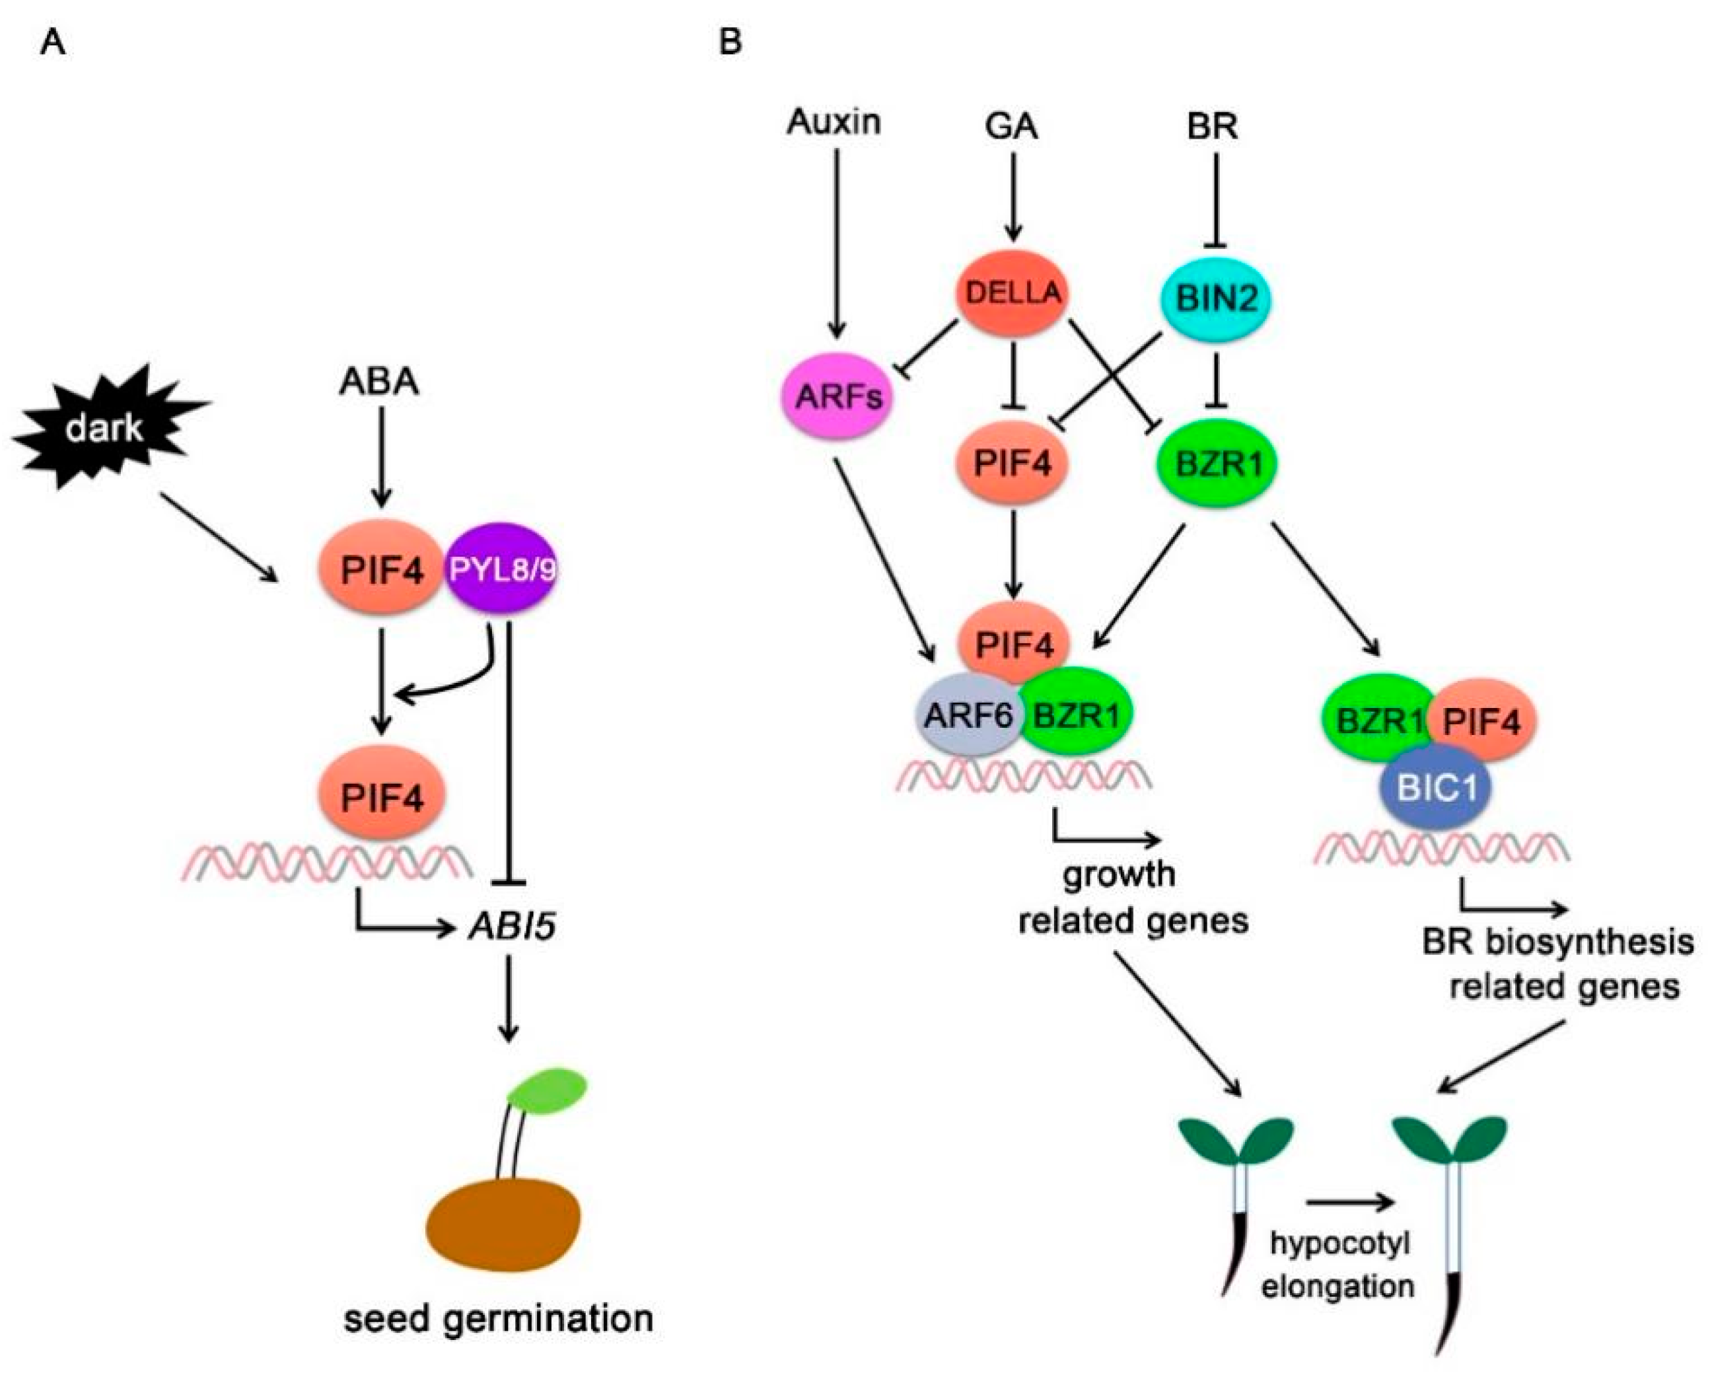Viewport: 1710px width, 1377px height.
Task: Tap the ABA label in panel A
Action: [379, 382]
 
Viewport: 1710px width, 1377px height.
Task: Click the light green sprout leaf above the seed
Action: [548, 1093]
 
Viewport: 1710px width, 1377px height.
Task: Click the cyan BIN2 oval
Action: [1216, 299]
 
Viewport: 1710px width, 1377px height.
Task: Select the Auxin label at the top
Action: [834, 122]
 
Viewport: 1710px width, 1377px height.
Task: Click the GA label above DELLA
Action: [1011, 126]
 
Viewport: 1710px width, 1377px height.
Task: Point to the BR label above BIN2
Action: [1213, 126]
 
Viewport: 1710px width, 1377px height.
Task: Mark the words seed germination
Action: [498, 1319]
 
